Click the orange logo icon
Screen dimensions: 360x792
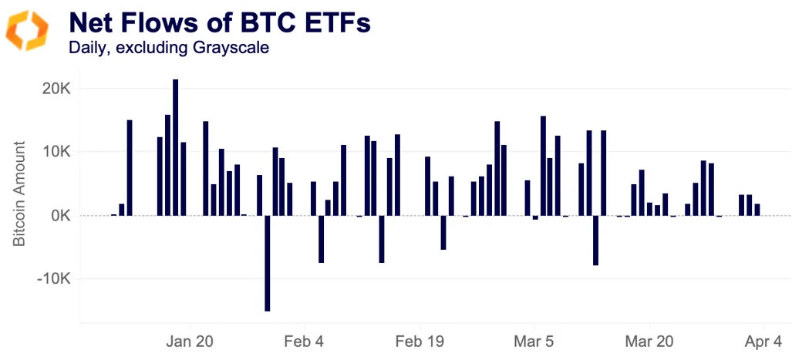pyautogui.click(x=27, y=31)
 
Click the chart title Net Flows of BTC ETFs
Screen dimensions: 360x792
pyautogui.click(x=219, y=22)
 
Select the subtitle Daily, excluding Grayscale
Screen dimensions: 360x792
pyautogui.click(x=167, y=48)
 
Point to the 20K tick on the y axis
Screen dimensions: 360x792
pyautogui.click(x=56, y=88)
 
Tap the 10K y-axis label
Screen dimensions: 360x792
pyautogui.click(x=56, y=151)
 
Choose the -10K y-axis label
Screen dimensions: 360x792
pyautogui.click(x=52, y=278)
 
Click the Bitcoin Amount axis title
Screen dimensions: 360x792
pyautogui.click(x=20, y=193)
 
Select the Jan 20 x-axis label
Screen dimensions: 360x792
pyautogui.click(x=190, y=341)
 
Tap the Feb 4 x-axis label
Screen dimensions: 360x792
pyautogui.click(x=305, y=341)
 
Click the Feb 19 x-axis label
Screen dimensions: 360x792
pyautogui.click(x=419, y=341)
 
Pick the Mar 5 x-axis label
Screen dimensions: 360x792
pyautogui.click(x=533, y=341)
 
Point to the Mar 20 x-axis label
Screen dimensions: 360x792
pyautogui.click(x=649, y=341)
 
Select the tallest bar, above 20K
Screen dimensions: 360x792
pyautogui.click(x=176, y=146)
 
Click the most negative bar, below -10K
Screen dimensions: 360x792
pyautogui.click(x=267, y=263)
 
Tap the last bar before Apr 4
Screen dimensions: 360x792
pyautogui.click(x=757, y=210)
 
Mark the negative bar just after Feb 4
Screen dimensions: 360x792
pyautogui.click(x=321, y=239)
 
